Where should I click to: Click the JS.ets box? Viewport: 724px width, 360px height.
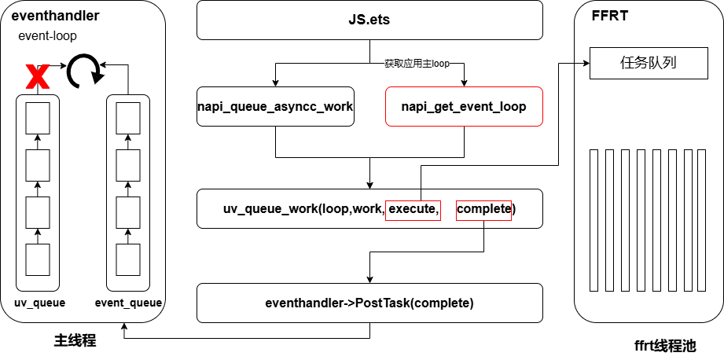pyautogui.click(x=369, y=20)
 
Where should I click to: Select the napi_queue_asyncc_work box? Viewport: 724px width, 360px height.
pyautogui.click(x=276, y=107)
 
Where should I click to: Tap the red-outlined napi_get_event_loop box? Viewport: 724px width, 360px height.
pyautogui.click(x=464, y=107)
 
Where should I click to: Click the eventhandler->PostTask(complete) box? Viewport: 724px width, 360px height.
pyautogui.click(x=369, y=303)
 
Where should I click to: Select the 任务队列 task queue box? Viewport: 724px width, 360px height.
pyautogui.click(x=649, y=63)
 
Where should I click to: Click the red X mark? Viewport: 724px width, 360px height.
pyautogui.click(x=38, y=77)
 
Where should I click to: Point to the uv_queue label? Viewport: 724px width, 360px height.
pyautogui.click(x=40, y=303)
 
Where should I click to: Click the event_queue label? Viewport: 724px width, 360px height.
pyautogui.click(x=128, y=303)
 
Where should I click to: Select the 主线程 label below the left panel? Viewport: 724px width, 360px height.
pyautogui.click(x=75, y=340)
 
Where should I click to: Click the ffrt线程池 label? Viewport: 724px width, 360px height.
pyautogui.click(x=665, y=345)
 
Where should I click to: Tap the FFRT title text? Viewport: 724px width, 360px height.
pyautogui.click(x=610, y=16)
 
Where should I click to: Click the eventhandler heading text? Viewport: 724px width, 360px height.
pyautogui.click(x=55, y=16)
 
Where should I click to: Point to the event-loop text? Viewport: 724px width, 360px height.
pyautogui.click(x=47, y=36)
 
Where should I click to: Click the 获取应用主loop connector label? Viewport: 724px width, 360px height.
pyautogui.click(x=417, y=64)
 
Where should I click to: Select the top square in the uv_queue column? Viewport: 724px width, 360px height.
pyautogui.click(x=38, y=118)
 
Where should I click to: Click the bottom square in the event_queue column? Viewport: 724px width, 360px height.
pyautogui.click(x=128, y=259)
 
